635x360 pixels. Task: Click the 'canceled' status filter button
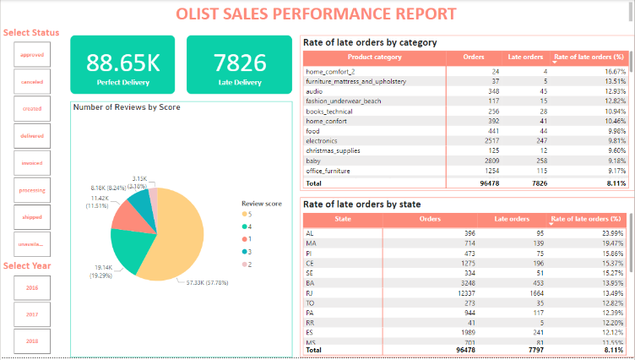pos(32,82)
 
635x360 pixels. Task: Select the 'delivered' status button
pos(32,136)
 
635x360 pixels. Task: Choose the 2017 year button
pos(32,314)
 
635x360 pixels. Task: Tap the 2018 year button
pos(32,341)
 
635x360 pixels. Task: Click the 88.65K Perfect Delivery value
pos(122,63)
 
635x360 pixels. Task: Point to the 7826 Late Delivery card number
pos(240,63)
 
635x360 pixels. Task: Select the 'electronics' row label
pos(325,141)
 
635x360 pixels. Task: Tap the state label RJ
pos(310,293)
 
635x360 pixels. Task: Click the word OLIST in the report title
pos(201,14)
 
